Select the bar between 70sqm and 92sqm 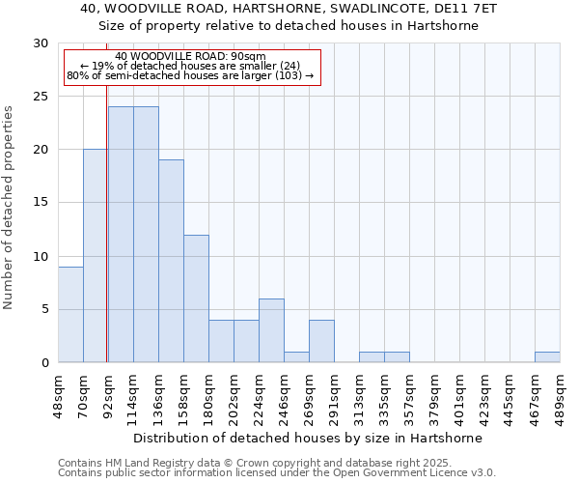(x=96, y=256)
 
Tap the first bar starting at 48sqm (x=70, y=315)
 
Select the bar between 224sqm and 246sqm (x=271, y=330)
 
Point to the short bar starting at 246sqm (x=296, y=357)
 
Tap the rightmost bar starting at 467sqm (x=547, y=357)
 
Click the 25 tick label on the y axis (x=41, y=97)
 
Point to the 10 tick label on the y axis (x=41, y=256)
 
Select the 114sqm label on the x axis (x=133, y=393)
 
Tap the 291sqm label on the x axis (x=334, y=393)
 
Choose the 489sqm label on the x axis (x=560, y=393)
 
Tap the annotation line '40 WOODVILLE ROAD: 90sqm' (x=190, y=57)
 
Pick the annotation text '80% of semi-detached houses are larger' (x=190, y=75)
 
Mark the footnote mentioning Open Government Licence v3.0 (x=277, y=473)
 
